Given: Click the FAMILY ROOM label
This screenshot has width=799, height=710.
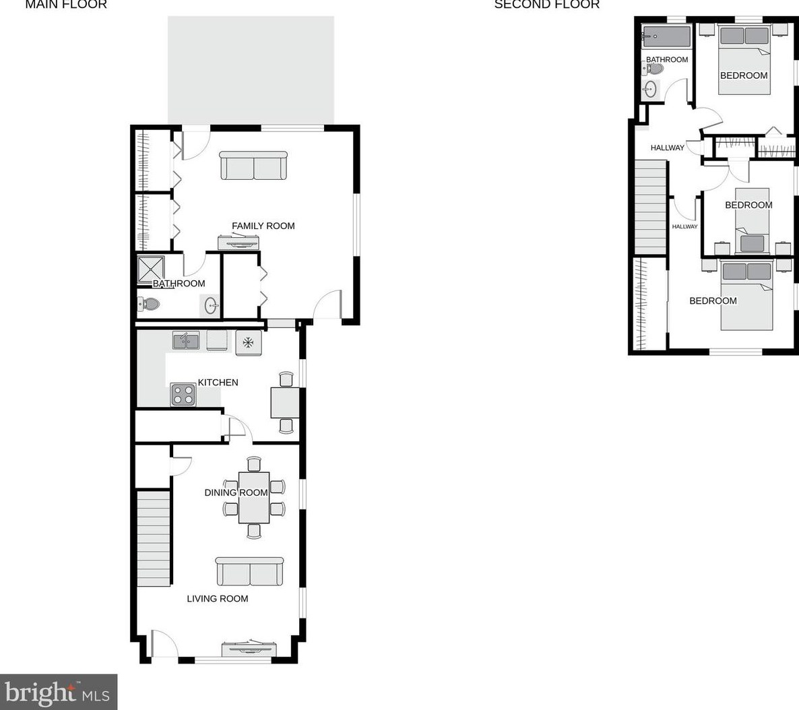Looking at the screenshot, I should pyautogui.click(x=263, y=226).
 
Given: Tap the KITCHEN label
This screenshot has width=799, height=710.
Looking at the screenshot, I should pyautogui.click(x=218, y=383).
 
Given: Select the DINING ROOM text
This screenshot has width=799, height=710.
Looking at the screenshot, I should pyautogui.click(x=236, y=492).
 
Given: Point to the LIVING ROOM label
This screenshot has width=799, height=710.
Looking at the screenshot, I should pyautogui.click(x=217, y=599).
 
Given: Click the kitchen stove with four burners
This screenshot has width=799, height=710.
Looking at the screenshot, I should pyautogui.click(x=183, y=394).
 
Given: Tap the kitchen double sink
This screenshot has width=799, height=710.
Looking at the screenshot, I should pyautogui.click(x=185, y=342).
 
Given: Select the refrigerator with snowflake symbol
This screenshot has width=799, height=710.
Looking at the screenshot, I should pyautogui.click(x=248, y=342).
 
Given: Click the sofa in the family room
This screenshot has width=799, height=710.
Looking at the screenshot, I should pyautogui.click(x=253, y=166).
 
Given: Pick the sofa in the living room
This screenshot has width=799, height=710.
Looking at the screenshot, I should pyautogui.click(x=249, y=572).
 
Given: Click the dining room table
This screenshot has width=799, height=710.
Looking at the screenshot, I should pyautogui.click(x=254, y=497).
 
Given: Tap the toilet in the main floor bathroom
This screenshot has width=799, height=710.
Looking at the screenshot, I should pyautogui.click(x=149, y=305).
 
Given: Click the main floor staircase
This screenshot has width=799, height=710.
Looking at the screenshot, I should pyautogui.click(x=154, y=539).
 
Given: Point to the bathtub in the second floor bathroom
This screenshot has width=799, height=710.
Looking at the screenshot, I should pyautogui.click(x=666, y=36).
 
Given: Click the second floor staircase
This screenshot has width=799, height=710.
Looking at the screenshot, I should pyautogui.click(x=651, y=207).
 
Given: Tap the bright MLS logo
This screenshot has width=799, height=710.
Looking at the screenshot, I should pyautogui.click(x=59, y=692).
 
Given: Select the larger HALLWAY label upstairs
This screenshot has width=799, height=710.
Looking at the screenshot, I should pyautogui.click(x=667, y=148).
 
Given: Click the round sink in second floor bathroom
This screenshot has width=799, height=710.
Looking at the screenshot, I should pyautogui.click(x=650, y=89).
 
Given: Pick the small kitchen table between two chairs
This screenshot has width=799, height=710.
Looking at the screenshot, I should pyautogui.click(x=284, y=402).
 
